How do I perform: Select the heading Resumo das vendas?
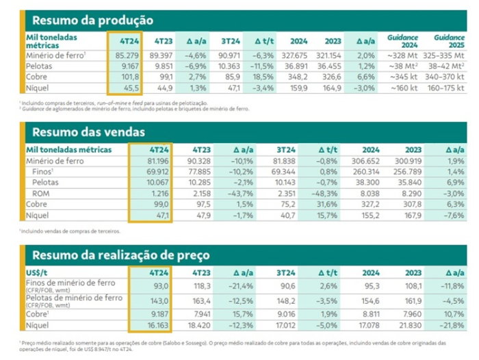[x=89, y=132]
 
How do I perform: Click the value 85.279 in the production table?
[x=127, y=55]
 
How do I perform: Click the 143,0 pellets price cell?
[x=157, y=300]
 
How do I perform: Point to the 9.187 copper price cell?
[x=156, y=311]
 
